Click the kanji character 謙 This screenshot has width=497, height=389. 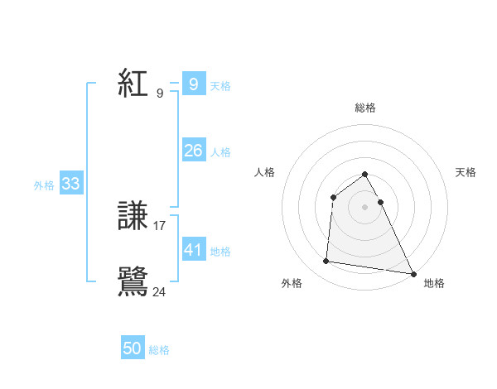134,216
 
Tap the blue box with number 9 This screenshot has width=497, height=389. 193,84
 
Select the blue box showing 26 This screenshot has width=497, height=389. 193,151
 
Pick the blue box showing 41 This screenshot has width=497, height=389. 193,249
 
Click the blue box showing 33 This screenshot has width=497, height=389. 70,184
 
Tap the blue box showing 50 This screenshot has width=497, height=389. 133,348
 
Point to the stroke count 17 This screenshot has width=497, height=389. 160,225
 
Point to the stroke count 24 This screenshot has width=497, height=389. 160,291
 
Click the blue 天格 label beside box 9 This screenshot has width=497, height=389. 220,86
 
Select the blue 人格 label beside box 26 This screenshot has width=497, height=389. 220,152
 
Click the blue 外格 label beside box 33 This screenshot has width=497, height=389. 44,185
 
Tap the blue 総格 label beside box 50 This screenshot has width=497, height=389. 159,350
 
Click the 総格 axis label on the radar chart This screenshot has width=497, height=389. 365,108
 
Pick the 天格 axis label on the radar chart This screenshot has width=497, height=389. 466,172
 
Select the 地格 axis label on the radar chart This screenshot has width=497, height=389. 434,283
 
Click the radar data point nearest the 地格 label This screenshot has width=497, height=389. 413,273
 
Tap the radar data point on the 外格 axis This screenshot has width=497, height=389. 326,262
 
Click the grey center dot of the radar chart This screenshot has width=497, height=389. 365,206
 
